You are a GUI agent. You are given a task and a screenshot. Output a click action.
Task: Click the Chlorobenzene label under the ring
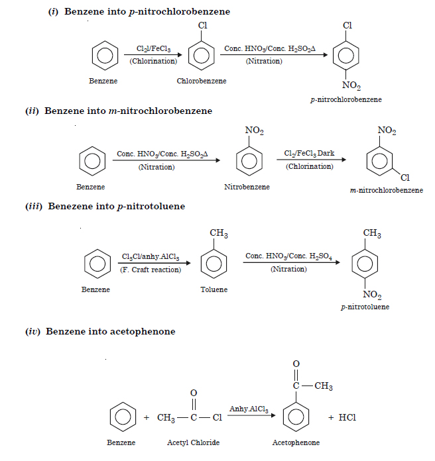pyautogui.click(x=201, y=81)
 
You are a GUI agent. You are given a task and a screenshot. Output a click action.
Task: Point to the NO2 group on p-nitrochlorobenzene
pyautogui.click(x=351, y=85)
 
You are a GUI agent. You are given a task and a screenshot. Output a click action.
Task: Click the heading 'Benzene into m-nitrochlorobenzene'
pyautogui.click(x=128, y=111)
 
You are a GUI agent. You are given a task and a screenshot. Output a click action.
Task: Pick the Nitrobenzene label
pyautogui.click(x=247, y=187)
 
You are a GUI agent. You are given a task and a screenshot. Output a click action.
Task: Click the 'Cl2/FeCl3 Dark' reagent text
pyautogui.click(x=309, y=154)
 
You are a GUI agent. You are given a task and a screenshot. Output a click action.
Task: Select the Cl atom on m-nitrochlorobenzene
pyautogui.click(x=405, y=178)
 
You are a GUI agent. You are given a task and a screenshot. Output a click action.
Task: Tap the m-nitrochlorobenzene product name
pyautogui.click(x=386, y=190)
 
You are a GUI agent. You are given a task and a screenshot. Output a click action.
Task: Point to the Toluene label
pyautogui.click(x=214, y=289)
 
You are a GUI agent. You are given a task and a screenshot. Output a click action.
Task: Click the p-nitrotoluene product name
pyautogui.click(x=365, y=307)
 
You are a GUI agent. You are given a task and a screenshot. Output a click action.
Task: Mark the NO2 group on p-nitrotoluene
pyautogui.click(x=372, y=293)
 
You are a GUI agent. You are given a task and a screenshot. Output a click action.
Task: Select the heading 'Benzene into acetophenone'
pyautogui.click(x=110, y=331)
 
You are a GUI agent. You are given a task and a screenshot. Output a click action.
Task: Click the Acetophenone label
pyautogui.click(x=296, y=442)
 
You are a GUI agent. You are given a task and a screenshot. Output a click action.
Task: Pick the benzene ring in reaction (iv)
pyautogui.click(x=122, y=418)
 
